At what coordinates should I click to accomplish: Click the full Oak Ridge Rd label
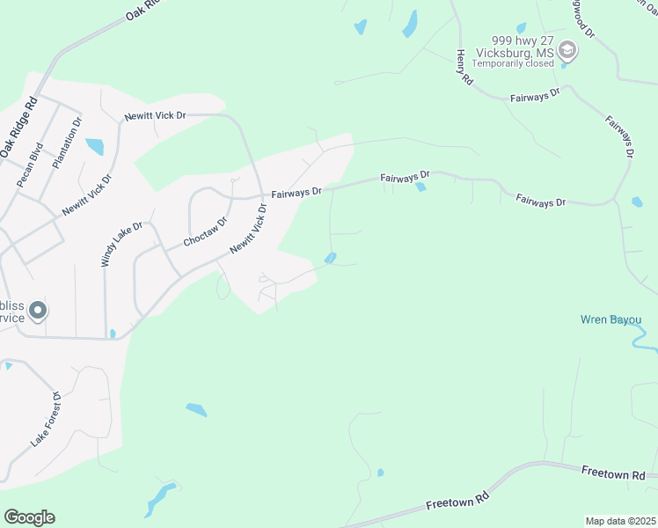tap(18, 124)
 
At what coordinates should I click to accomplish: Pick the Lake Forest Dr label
tap(45, 420)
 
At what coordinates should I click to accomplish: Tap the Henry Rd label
tap(463, 66)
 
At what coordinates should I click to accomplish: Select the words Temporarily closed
tap(515, 63)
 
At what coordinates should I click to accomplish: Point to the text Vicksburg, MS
tap(515, 52)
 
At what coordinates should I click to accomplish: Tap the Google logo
tap(29, 517)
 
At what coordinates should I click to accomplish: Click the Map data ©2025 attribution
tap(621, 521)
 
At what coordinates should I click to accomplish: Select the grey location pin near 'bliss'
tap(37, 310)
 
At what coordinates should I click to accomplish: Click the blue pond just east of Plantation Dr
tap(94, 146)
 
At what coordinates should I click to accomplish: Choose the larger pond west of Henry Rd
tap(410, 24)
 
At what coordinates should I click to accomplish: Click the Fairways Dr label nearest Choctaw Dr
tap(296, 191)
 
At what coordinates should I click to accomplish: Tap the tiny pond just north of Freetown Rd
tap(380, 473)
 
